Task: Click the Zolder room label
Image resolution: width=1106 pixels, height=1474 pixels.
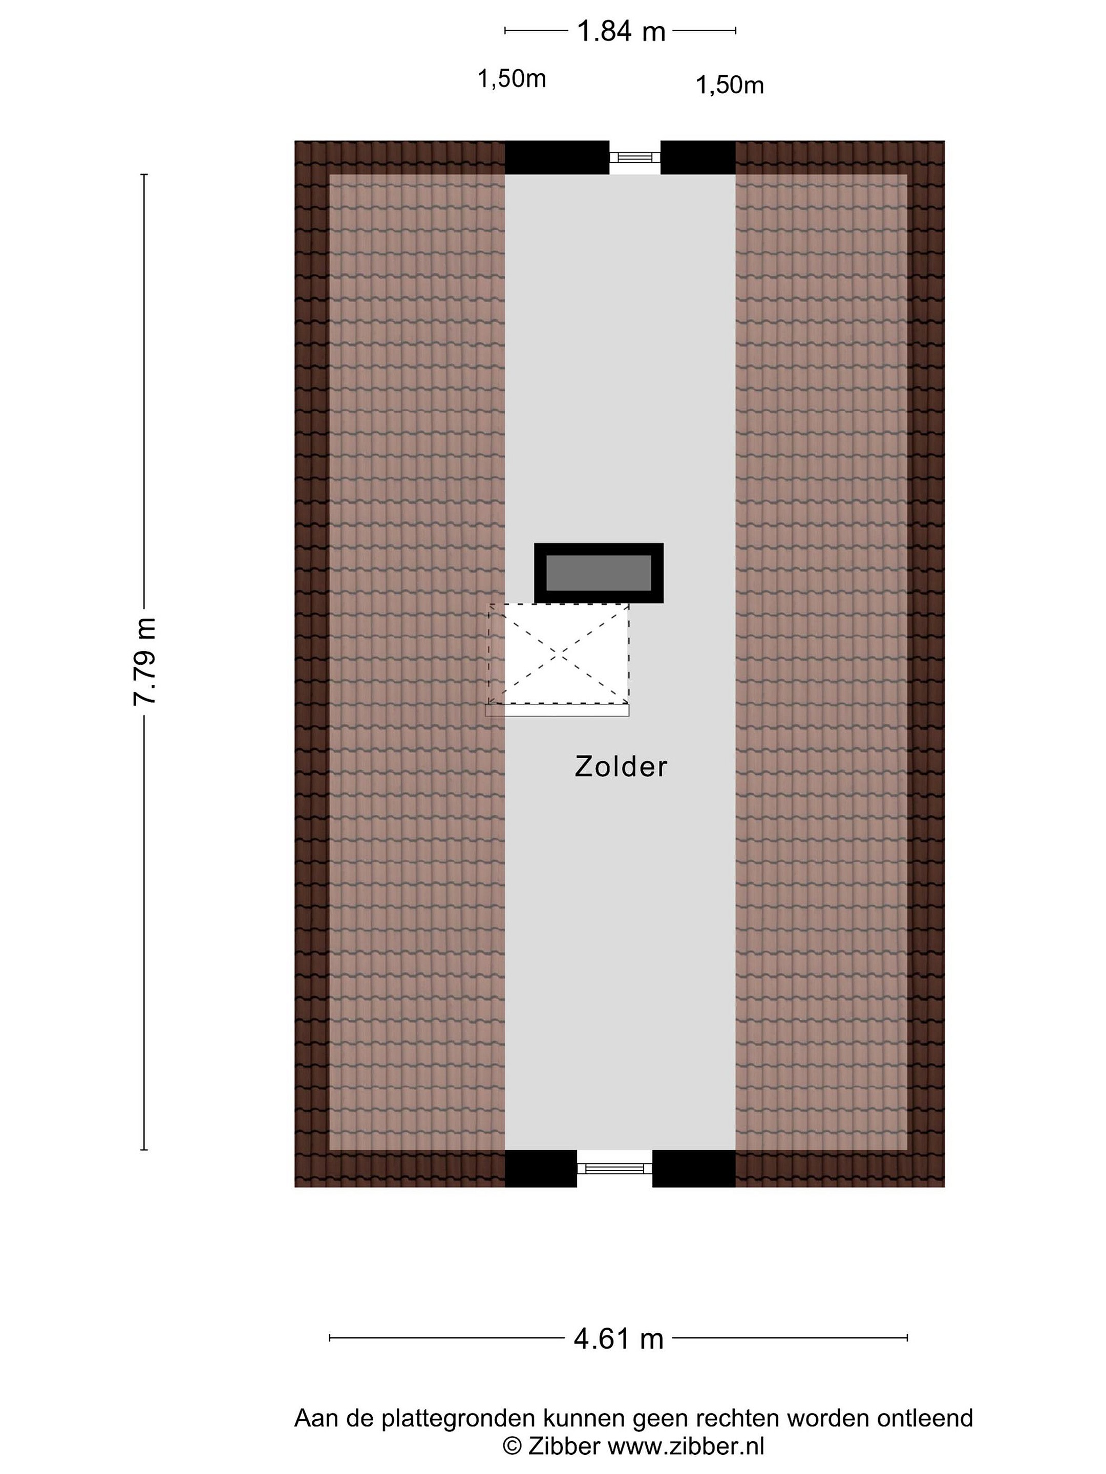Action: click(620, 766)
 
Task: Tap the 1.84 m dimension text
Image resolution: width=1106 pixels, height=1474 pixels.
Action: click(621, 31)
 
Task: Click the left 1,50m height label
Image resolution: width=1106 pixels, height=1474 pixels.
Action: click(512, 79)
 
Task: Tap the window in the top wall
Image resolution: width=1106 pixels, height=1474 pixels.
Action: click(634, 157)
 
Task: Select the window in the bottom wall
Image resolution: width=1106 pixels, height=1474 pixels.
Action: click(614, 1168)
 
